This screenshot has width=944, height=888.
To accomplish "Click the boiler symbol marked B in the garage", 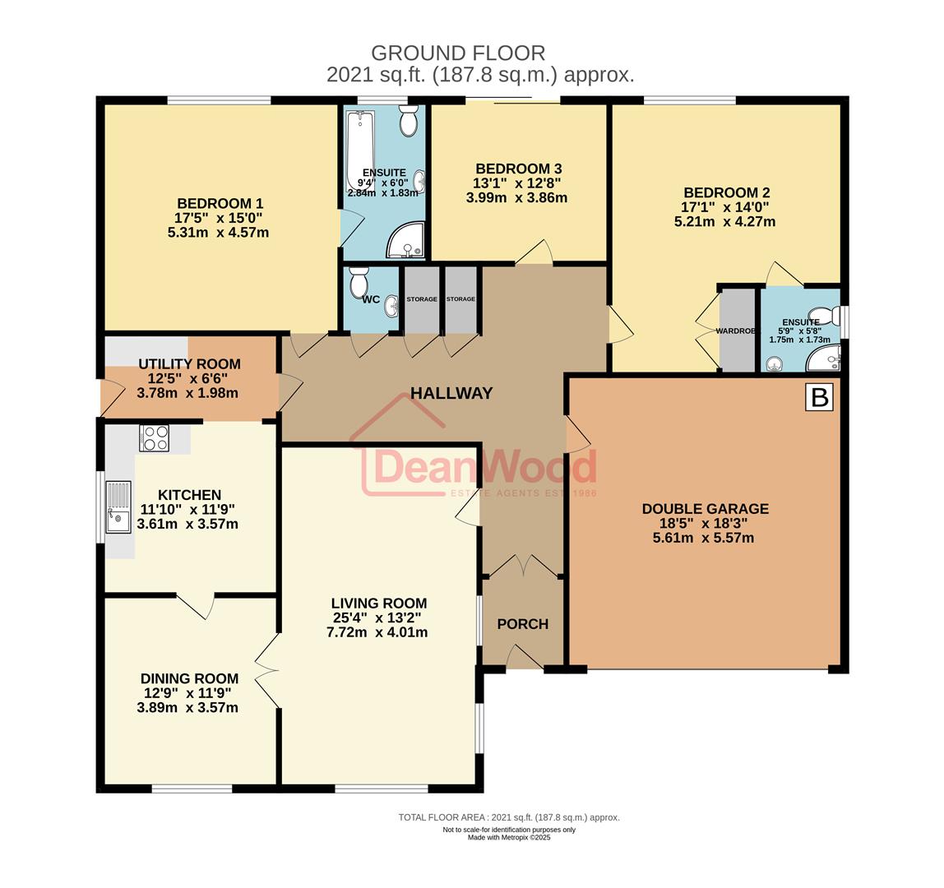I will coord(819,397).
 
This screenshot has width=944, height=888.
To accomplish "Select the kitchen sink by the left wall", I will coord(118,506).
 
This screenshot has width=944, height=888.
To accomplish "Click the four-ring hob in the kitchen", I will coord(154,437).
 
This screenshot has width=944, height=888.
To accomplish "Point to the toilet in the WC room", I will coord(359,283).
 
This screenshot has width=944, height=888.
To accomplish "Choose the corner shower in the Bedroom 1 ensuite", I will coord(408,239).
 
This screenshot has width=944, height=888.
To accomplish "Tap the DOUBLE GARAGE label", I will coord(705,509).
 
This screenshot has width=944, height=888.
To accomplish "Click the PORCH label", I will coord(522,624).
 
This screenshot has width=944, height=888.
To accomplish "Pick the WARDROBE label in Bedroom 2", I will coord(737,331).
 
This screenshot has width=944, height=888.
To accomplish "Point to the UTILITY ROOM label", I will coord(189,364).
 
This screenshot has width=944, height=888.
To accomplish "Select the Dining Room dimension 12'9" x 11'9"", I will coord(188,693).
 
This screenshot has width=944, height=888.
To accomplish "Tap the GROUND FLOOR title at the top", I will coord(458,53).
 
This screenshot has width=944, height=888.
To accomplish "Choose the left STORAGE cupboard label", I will coord(421,299).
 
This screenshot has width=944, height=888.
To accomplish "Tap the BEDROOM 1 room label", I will coord(220,204).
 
